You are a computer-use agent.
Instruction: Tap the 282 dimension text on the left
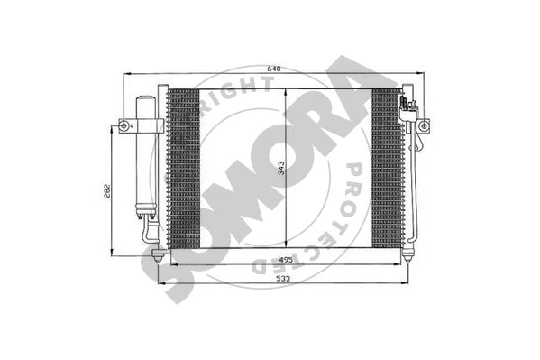pos(106,191)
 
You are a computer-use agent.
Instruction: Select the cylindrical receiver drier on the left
pos(144,153)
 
